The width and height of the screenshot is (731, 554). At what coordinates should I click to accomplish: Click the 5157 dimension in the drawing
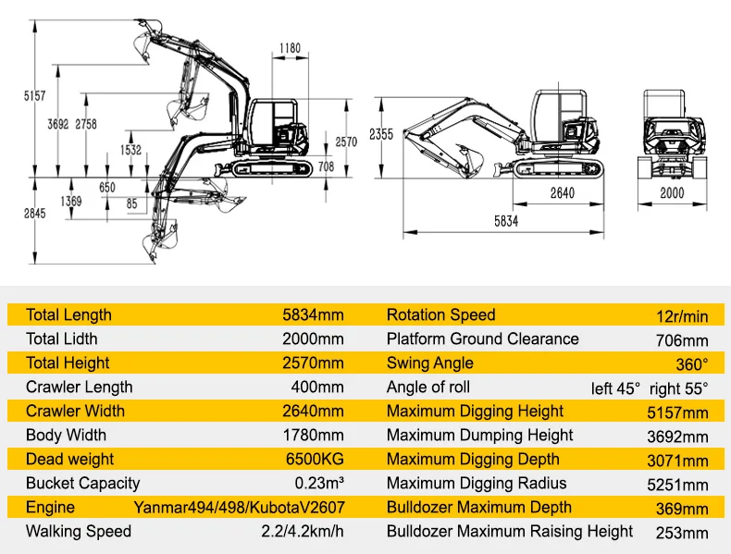point(34,95)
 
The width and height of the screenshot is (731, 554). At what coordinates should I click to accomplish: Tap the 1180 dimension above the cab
point(290,48)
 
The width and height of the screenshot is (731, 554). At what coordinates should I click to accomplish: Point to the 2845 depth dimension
point(34,214)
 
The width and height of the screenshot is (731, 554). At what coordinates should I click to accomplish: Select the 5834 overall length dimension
point(506,221)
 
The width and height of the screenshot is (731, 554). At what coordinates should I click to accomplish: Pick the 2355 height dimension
point(381,134)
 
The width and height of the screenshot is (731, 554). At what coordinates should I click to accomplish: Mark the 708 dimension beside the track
point(325,166)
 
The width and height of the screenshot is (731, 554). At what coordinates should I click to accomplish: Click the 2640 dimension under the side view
point(562,192)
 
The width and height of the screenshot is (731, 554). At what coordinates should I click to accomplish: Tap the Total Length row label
point(68,315)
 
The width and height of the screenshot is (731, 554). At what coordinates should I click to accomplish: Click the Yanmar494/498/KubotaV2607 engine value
point(238,508)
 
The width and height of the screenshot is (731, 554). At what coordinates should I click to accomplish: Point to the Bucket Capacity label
point(83,483)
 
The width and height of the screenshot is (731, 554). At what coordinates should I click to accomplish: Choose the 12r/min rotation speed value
point(682,316)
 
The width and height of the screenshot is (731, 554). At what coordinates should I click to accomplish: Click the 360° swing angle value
point(691,364)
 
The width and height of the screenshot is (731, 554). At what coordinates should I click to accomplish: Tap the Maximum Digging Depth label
point(473,460)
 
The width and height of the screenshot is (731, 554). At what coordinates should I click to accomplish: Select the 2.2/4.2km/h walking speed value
point(302,532)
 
